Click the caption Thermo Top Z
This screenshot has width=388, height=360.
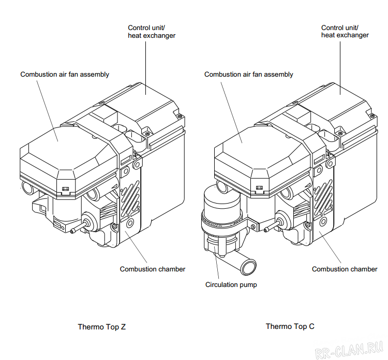[x=101, y=327]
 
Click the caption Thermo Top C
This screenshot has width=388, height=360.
[x=290, y=326]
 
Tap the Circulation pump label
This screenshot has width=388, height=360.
[x=231, y=285]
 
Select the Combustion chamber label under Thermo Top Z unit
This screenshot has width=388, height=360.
[x=152, y=269]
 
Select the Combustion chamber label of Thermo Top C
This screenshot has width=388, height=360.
[x=345, y=269]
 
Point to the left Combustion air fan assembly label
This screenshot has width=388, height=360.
[x=65, y=74]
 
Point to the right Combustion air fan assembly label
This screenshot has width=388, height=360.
[x=248, y=74]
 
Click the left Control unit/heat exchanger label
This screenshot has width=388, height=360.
[x=152, y=31]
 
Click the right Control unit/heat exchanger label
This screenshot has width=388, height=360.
[x=345, y=31]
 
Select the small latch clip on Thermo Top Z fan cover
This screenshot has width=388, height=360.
[x=65, y=188]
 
